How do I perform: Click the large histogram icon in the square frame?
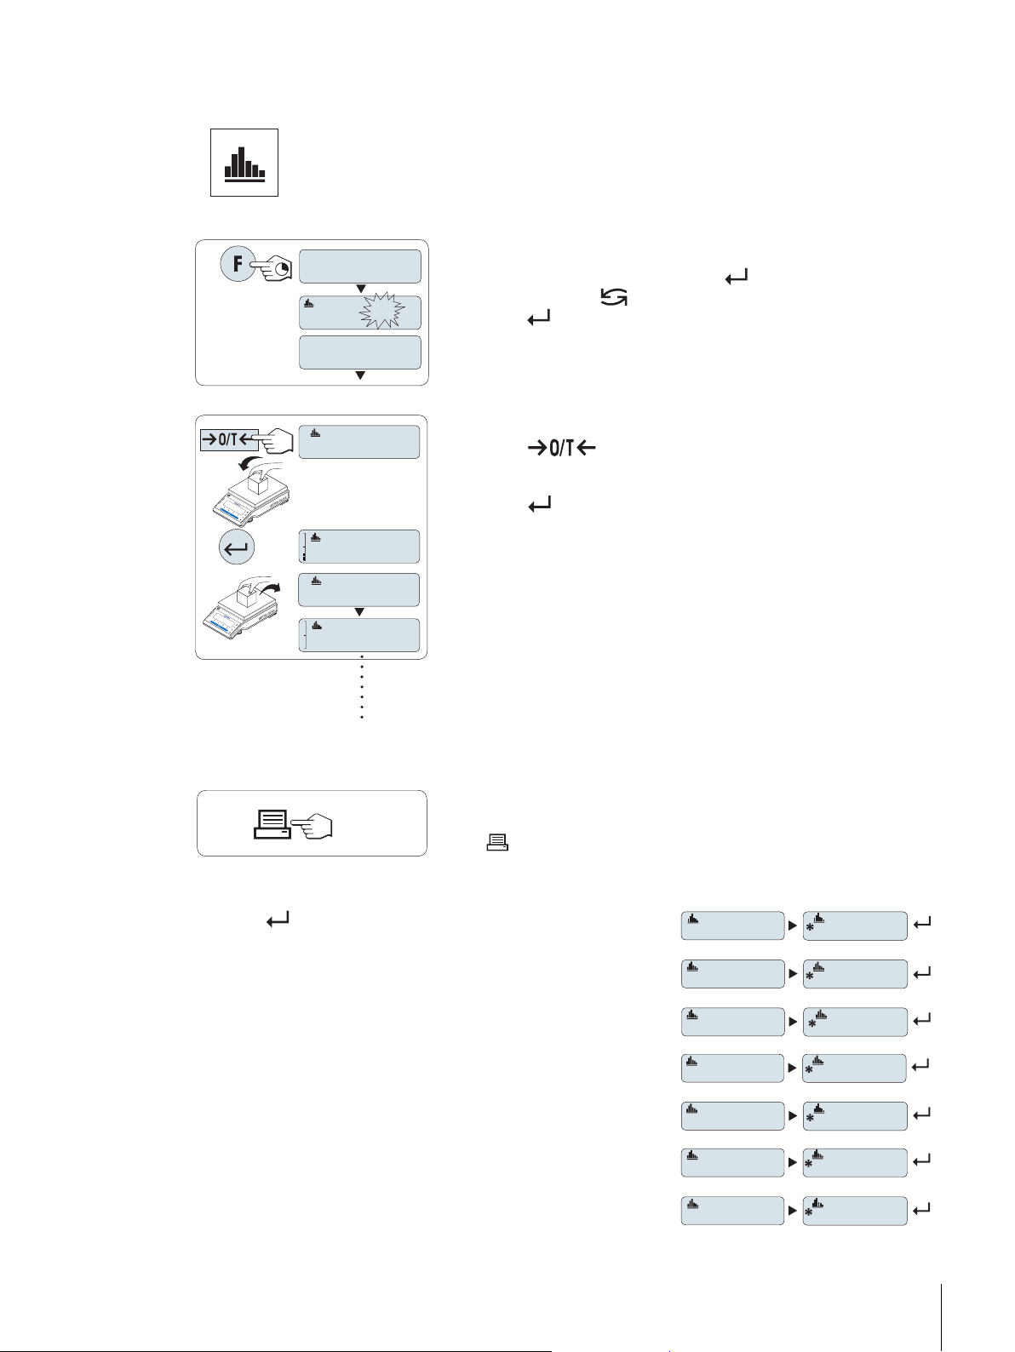coord(244,163)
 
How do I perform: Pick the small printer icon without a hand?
coord(497,843)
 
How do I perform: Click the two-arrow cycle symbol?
coord(615,297)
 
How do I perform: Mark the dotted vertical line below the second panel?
coord(362,688)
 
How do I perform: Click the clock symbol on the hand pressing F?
coord(282,268)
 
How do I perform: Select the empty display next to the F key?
coord(360,266)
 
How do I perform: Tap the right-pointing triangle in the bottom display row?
coord(793,1210)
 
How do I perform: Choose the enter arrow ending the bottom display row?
coord(921,1208)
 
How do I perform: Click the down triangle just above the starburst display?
coord(360,289)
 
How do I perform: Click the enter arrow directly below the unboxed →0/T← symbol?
coord(541,505)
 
